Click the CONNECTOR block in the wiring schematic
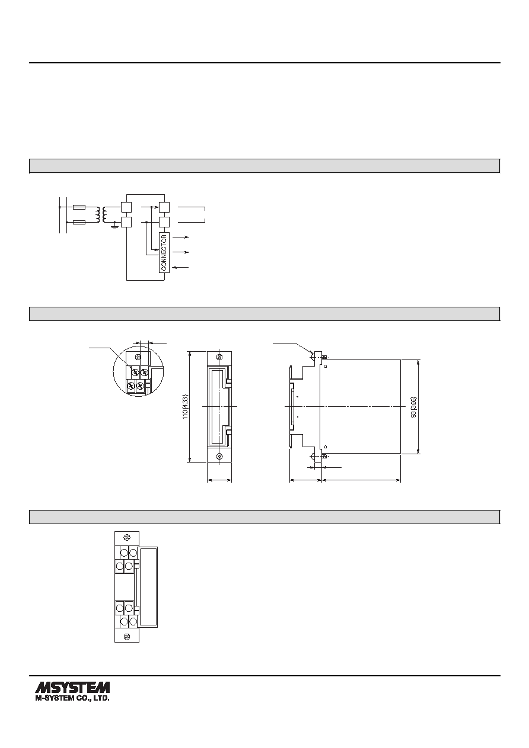(164, 252)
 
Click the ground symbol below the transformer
(115, 227)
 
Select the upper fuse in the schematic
(79, 207)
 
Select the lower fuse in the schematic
(79, 222)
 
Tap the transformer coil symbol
(101, 215)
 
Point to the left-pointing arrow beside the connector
(180, 268)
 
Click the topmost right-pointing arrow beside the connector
(180, 237)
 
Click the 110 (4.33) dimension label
(186, 407)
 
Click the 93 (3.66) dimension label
(414, 407)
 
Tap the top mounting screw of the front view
(219, 357)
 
